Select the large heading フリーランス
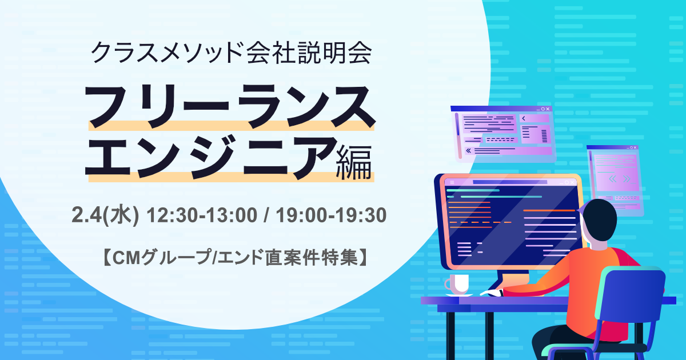230,106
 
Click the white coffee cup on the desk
458,283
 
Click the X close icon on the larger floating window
548,109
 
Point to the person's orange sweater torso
589,280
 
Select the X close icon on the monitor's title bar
573,182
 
